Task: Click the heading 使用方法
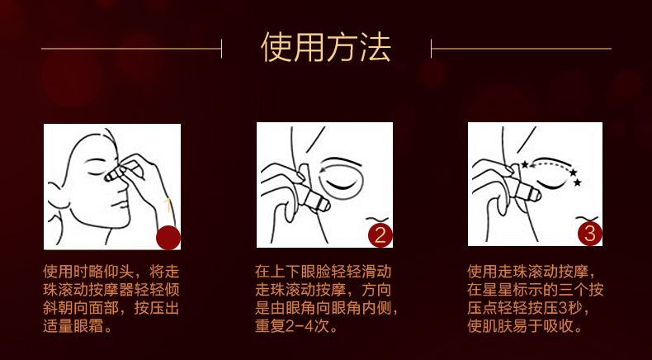pyautogui.click(x=326, y=47)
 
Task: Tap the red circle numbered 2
pyautogui.click(x=380, y=235)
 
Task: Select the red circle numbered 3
pyautogui.click(x=589, y=234)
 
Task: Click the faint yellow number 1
pyautogui.click(x=168, y=205)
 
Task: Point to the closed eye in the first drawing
pyautogui.click(x=95, y=172)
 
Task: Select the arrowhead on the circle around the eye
pyautogui.click(x=324, y=170)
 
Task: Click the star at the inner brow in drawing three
pyautogui.click(x=525, y=164)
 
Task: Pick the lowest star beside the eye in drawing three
pyautogui.click(x=577, y=182)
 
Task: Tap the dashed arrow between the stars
pyautogui.click(x=549, y=164)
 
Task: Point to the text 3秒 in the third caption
pyautogui.click(x=572, y=308)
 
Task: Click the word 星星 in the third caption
pyautogui.click(x=497, y=290)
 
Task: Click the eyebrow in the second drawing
pyautogui.click(x=343, y=162)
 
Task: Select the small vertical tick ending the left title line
pyautogui.click(x=222, y=49)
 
